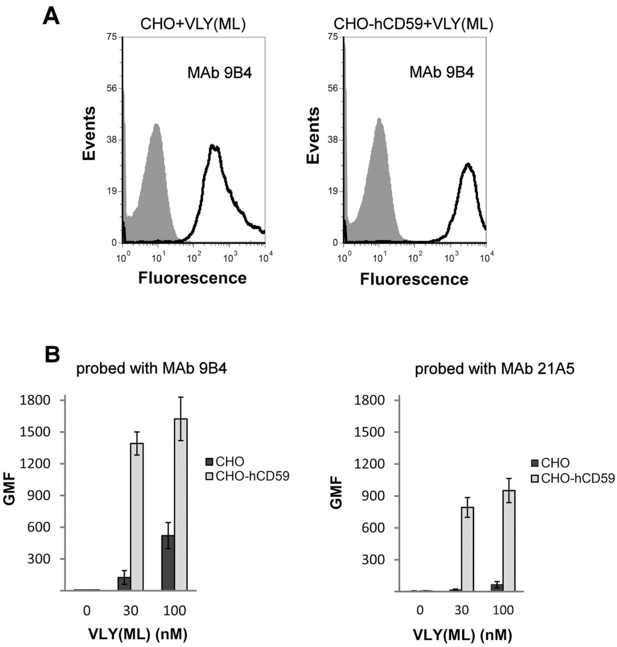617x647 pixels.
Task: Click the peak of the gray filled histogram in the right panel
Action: coord(380,119)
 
